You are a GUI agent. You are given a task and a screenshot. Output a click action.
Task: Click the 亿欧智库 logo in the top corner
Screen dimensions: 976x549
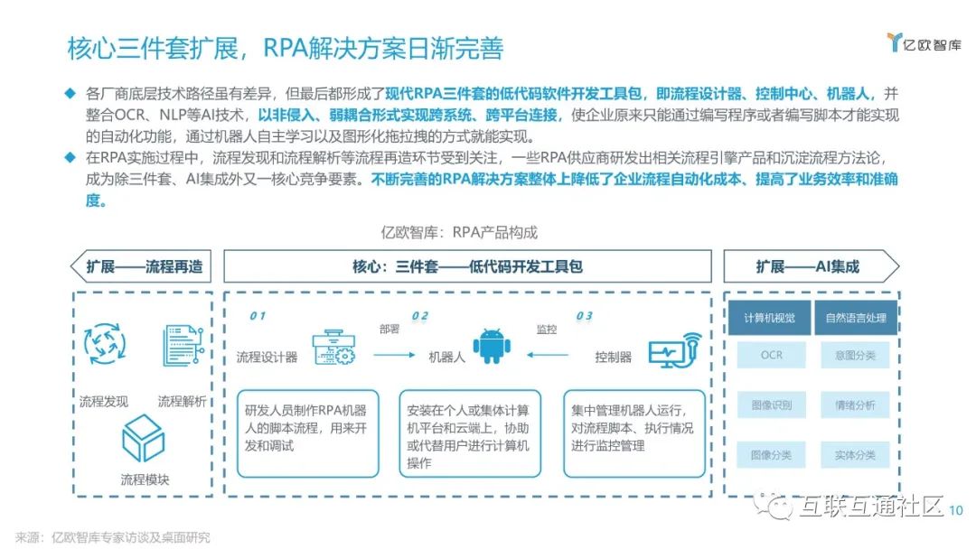coord(923,42)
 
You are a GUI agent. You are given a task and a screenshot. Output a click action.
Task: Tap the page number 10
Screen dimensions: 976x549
coord(956,510)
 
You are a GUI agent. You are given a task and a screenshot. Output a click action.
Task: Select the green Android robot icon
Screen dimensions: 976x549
coord(492,346)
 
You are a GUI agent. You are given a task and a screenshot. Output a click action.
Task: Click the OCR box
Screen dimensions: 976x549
coord(771,355)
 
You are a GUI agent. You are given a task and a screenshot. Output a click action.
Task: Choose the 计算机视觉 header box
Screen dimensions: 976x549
coord(771,317)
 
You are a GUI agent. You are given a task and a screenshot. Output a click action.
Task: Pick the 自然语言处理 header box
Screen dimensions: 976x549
coord(855,317)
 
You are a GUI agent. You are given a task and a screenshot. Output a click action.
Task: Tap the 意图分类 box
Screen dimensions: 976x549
coord(855,355)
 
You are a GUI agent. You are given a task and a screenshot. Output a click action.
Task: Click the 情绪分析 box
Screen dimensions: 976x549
coord(855,405)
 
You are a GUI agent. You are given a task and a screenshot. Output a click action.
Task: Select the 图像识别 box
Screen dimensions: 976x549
coord(771,405)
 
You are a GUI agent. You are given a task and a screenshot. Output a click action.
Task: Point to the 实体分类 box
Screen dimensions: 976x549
coord(855,455)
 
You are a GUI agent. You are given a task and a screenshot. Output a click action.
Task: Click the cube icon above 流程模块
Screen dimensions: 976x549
coord(143,439)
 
